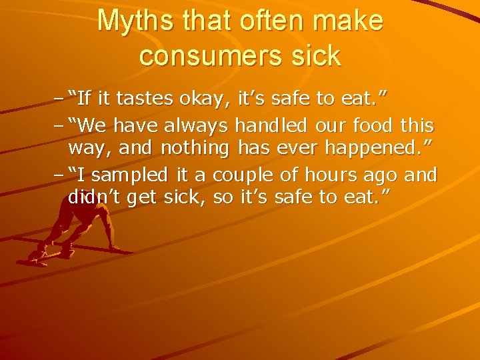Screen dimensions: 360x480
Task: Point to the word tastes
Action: point(144,100)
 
